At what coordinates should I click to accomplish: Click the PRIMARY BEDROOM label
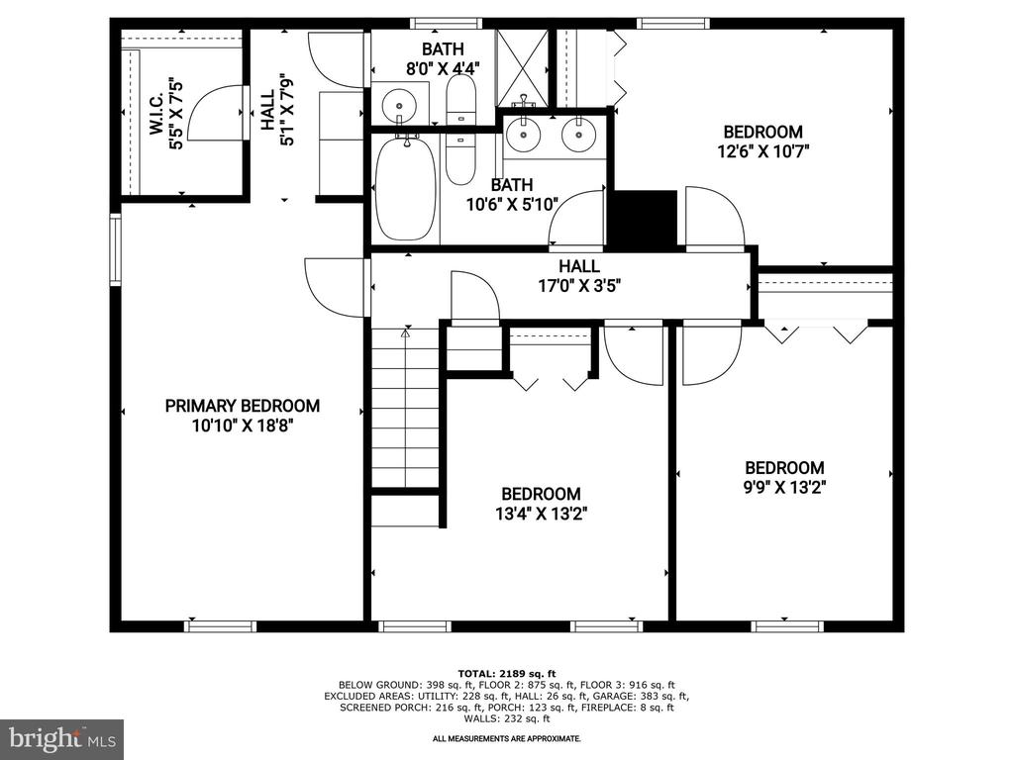[x=243, y=406]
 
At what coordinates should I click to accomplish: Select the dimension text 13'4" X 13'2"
[x=542, y=514]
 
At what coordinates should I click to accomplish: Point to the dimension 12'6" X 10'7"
[x=763, y=151]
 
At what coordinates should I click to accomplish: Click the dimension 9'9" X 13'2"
[x=784, y=487]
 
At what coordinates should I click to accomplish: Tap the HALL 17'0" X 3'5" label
[x=579, y=276]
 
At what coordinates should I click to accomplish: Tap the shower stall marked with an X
[x=522, y=68]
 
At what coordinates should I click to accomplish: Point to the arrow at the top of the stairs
[x=405, y=333]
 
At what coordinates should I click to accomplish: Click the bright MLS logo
[x=62, y=737]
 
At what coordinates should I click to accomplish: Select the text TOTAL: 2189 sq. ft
[x=506, y=673]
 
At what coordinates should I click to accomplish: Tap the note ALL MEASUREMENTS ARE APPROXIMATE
[x=506, y=738]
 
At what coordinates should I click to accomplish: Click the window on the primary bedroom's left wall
[x=116, y=249]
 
